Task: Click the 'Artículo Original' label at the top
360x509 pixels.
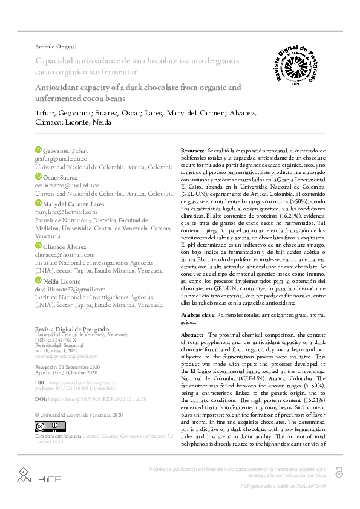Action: click(x=56, y=47)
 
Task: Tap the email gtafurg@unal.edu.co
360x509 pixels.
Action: click(x=61, y=158)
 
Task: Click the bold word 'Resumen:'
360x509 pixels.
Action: click(x=194, y=149)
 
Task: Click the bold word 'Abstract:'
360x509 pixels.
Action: click(x=192, y=334)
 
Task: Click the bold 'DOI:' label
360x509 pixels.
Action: click(x=41, y=400)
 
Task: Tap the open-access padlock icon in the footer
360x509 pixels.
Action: click(x=339, y=472)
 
